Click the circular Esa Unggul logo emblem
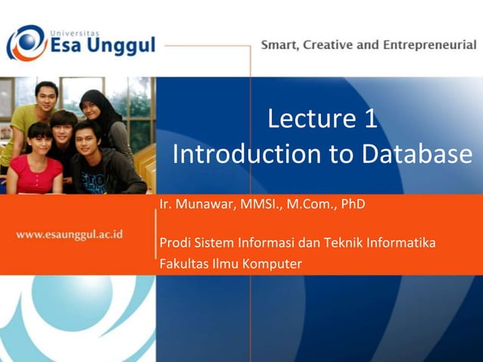tap(25, 42)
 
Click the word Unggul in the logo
tap(120, 47)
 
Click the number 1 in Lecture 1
tap(369, 119)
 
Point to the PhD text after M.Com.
tap(353, 204)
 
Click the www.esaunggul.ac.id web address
tap(70, 234)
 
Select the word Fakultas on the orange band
tap(182, 264)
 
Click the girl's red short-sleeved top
tap(34, 178)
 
